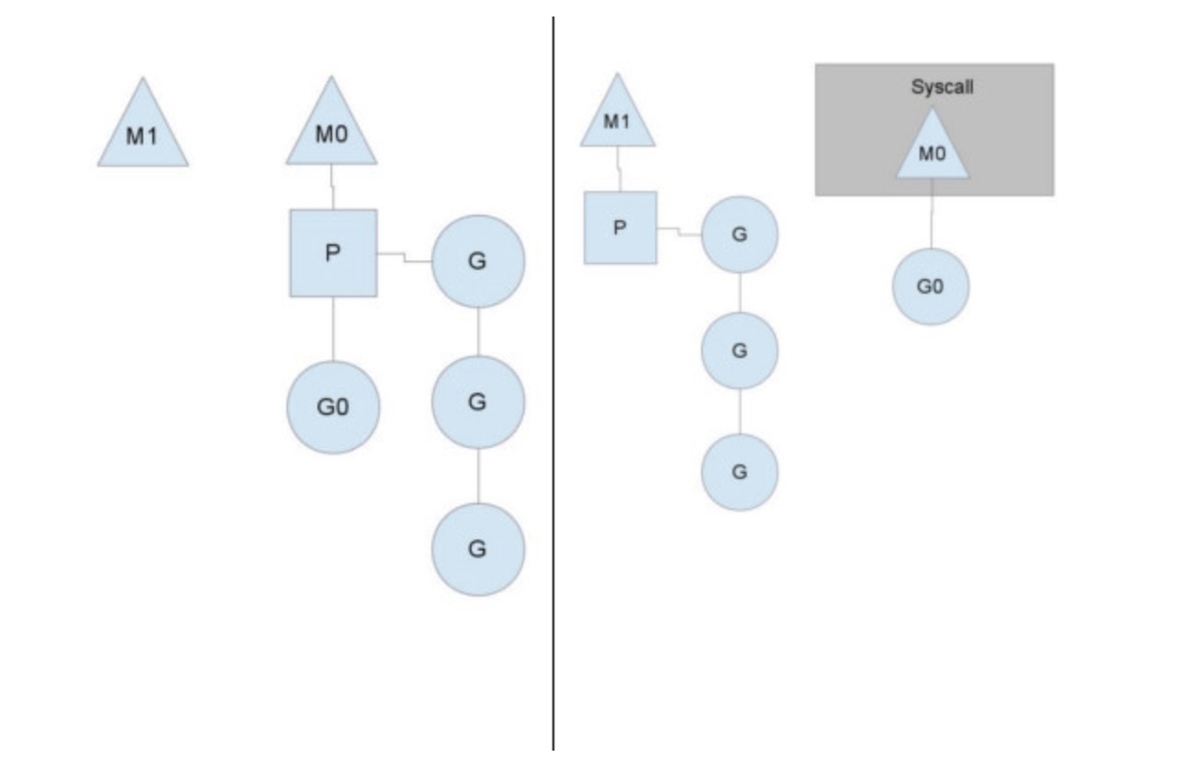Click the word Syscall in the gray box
[x=933, y=87]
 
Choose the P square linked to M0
[x=333, y=253]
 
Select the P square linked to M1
[x=620, y=228]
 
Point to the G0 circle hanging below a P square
[x=333, y=407]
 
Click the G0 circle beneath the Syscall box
[x=931, y=286]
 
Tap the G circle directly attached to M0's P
[x=478, y=262]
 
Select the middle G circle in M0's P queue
[x=478, y=402]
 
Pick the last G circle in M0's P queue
[x=478, y=549]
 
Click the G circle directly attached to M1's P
[x=740, y=234]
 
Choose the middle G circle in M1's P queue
[x=740, y=351]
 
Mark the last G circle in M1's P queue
[x=740, y=472]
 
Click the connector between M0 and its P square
[x=332, y=187]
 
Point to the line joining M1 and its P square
[x=619, y=169]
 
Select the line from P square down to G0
[x=333, y=329]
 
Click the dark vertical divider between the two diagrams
[x=553, y=385]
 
